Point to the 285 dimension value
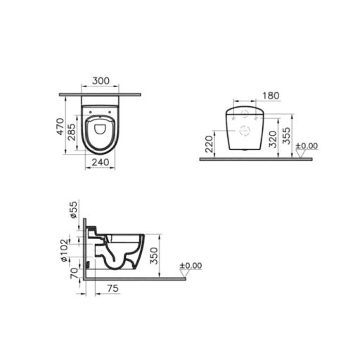pos(71,134)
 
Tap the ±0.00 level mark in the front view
pos(307,146)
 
